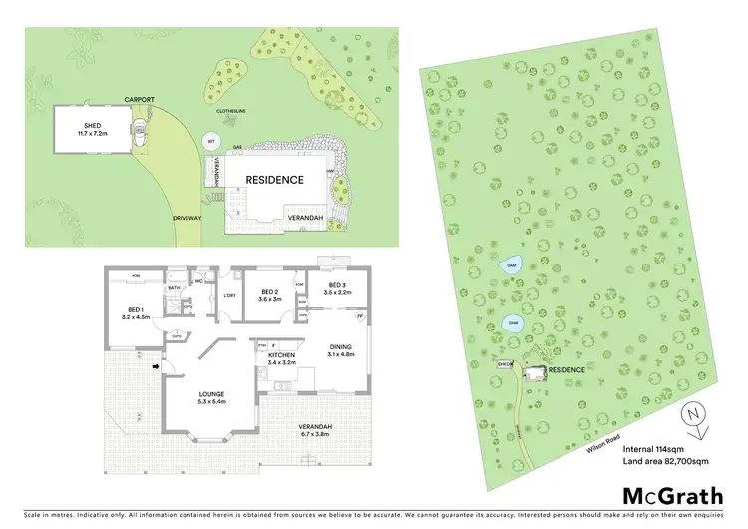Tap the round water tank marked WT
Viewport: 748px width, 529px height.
pos(211,143)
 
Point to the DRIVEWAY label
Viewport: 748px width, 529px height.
pos(187,217)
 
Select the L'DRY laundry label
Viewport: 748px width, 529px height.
pos(228,295)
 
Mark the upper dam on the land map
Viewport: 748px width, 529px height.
pos(511,265)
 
